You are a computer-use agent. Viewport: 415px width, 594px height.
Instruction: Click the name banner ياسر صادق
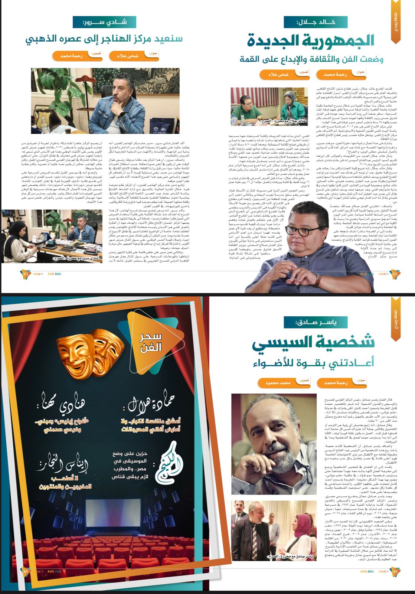pos(316,322)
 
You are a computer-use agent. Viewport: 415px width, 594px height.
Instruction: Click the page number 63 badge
pos(26,274)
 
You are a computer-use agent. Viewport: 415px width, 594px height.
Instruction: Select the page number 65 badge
pos(26,571)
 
